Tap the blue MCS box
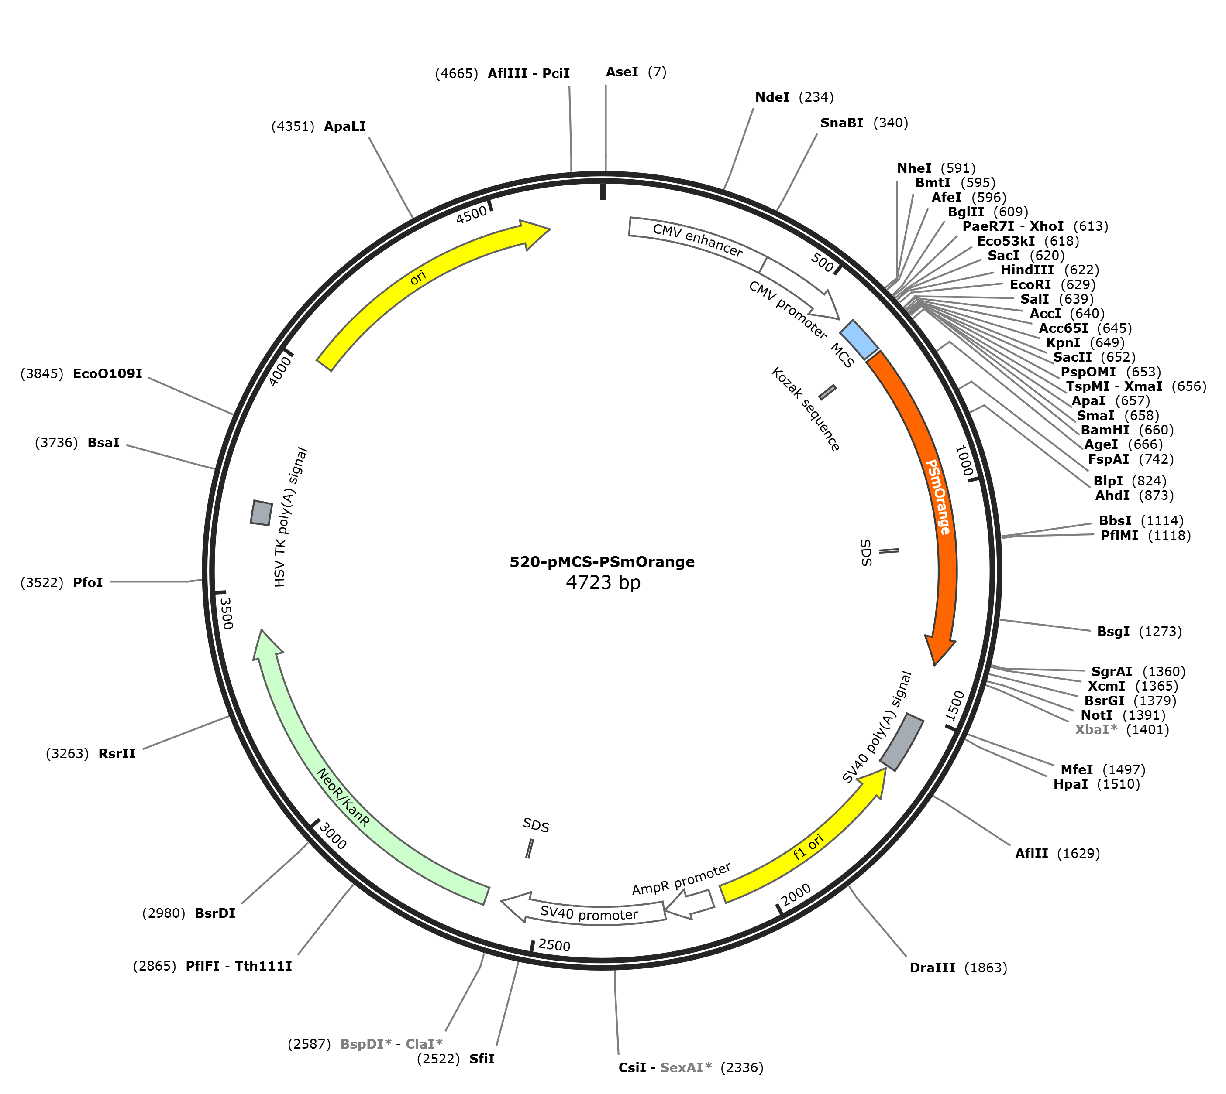859,340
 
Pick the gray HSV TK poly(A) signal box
262,513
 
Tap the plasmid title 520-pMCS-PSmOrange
602,561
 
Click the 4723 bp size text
603,582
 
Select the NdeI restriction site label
772,97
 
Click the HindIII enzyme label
1027,270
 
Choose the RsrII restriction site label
117,753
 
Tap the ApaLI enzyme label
344,126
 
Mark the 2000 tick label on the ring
796,894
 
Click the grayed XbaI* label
1096,729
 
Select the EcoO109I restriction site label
107,373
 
